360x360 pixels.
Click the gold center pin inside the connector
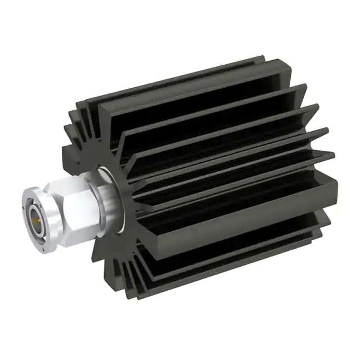(x=39, y=215)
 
